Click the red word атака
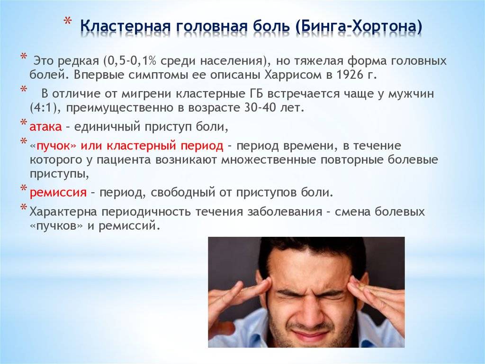pos(45,127)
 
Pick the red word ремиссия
pos(58,193)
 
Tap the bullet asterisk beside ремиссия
pos(24,188)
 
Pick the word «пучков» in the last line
pos(57,226)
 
